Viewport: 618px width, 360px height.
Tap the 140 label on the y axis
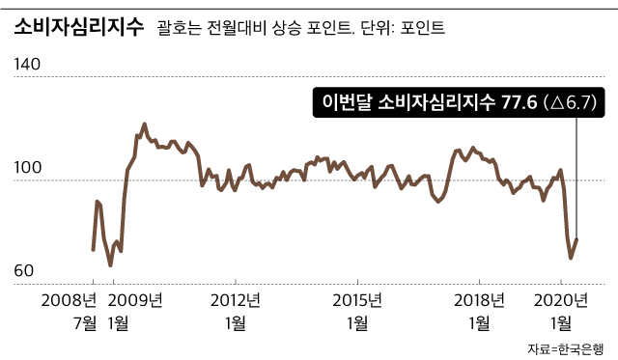(29, 66)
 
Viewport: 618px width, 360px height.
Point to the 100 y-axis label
(29, 169)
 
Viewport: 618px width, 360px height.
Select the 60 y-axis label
(26, 273)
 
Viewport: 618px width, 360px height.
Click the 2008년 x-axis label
(70, 297)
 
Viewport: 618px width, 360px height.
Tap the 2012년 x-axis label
(236, 297)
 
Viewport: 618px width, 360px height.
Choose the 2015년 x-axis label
(358, 297)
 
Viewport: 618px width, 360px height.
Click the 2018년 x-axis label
(481, 297)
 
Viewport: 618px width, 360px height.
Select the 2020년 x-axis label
(561, 297)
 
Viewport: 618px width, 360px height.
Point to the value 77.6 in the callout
(520, 102)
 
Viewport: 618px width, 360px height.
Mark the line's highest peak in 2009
(145, 124)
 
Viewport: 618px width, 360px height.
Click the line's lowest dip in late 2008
(110, 265)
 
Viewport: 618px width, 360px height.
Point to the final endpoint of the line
(576, 239)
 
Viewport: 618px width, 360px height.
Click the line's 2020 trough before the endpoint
(571, 258)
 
